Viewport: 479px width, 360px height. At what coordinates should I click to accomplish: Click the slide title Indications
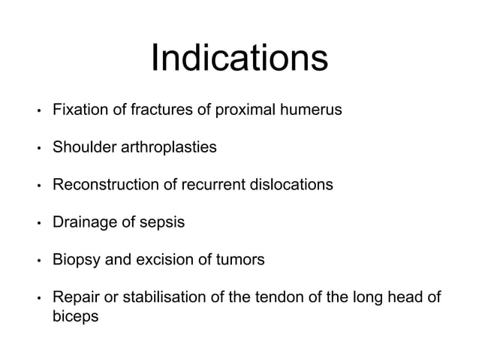coord(239,59)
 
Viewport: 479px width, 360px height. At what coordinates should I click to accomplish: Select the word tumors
coord(239,261)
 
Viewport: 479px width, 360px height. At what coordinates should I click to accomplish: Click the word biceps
coord(75,317)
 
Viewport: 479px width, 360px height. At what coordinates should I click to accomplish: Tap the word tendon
coord(273,298)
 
